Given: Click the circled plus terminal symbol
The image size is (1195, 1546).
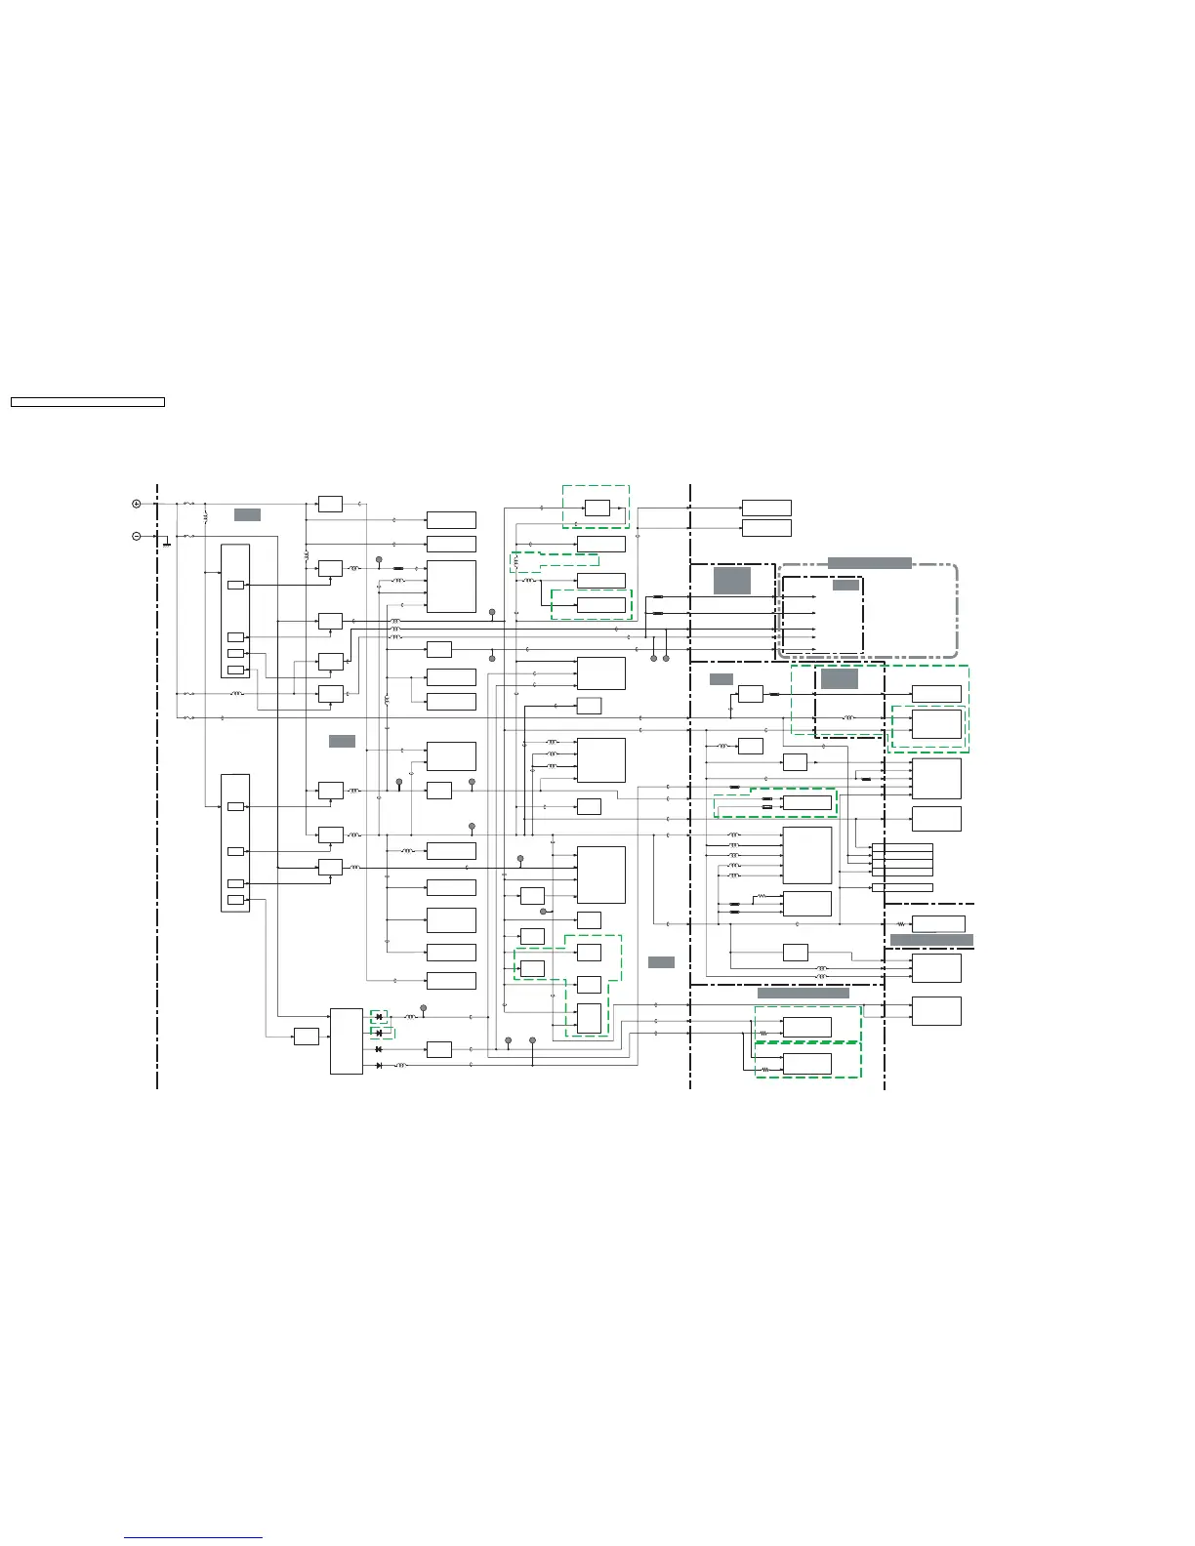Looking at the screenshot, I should tap(137, 504).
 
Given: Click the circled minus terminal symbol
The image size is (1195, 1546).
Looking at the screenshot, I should tap(137, 536).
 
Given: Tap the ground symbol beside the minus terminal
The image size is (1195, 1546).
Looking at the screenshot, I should tap(167, 543).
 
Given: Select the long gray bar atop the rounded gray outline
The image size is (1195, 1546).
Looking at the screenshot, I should tap(869, 563).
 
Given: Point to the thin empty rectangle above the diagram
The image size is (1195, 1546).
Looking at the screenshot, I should tap(87, 402).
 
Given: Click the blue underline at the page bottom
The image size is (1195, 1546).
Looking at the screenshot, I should tap(193, 1538).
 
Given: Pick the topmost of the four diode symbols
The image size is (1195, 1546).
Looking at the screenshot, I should tap(379, 1017).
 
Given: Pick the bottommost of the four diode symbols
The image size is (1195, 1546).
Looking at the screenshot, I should tap(379, 1065).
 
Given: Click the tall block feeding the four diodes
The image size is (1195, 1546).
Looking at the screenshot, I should tap(346, 1040).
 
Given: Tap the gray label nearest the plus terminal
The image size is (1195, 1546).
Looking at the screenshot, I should tap(247, 514).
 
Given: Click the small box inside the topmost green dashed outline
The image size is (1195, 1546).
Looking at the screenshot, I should tap(597, 508).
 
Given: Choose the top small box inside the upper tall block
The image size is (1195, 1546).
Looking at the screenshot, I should tap(235, 586).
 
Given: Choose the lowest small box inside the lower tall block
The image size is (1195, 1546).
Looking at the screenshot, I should tap(235, 900).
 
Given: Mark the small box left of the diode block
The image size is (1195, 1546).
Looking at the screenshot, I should tap(306, 1037).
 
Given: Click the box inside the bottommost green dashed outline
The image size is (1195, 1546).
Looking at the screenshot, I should tap(807, 1063).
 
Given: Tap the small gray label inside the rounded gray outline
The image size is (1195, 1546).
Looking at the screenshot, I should tap(845, 585).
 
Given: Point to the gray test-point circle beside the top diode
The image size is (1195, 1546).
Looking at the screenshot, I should tap(423, 1007).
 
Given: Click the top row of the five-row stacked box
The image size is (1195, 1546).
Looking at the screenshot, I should tap(902, 847).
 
